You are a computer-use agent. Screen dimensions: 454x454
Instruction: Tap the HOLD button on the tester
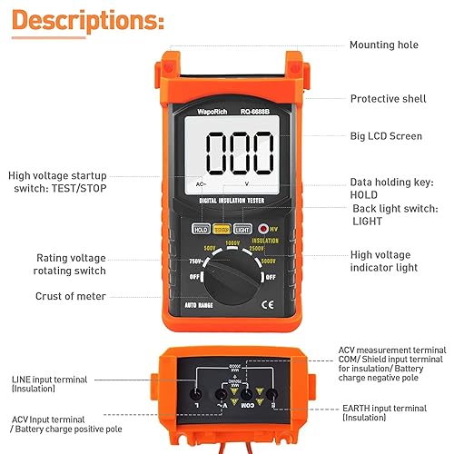(x=201, y=230)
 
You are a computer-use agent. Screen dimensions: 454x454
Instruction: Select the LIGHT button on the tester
(x=242, y=230)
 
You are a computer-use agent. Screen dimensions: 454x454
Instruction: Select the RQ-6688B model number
(x=258, y=113)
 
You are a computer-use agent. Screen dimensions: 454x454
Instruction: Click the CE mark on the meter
(x=268, y=305)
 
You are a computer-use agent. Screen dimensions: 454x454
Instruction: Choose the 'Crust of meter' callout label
(x=71, y=296)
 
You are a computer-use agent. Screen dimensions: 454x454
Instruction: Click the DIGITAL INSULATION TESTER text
(x=232, y=211)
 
